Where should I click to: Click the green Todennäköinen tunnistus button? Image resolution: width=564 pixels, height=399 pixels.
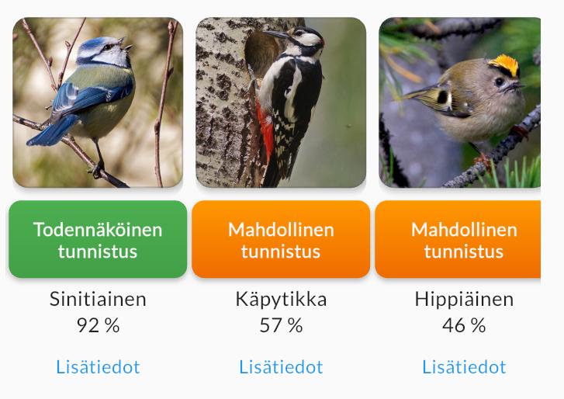[x=98, y=239]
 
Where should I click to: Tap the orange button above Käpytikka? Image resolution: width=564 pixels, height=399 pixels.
[x=281, y=239]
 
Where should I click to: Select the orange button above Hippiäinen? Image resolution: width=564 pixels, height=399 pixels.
[x=458, y=239]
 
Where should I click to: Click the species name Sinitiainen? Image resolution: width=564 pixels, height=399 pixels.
[x=98, y=299]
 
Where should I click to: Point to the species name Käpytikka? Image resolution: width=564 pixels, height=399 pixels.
[x=281, y=300]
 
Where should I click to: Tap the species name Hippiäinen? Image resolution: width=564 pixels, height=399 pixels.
[x=464, y=300]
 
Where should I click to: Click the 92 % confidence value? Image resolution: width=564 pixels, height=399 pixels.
[x=98, y=325]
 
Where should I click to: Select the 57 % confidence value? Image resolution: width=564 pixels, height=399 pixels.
[x=281, y=325]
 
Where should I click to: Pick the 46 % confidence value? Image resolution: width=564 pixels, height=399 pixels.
[x=464, y=325]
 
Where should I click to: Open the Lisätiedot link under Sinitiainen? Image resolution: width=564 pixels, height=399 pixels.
[x=98, y=367]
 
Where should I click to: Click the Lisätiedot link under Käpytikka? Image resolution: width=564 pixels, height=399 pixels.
[x=281, y=367]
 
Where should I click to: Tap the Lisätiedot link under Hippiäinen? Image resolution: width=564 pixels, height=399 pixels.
[x=464, y=367]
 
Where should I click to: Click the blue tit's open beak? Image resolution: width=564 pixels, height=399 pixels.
[x=128, y=47]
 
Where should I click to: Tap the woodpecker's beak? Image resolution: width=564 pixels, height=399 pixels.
[x=278, y=34]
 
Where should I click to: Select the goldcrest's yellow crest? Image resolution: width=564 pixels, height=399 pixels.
[x=504, y=64]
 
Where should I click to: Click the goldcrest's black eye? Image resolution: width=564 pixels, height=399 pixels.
[x=500, y=82]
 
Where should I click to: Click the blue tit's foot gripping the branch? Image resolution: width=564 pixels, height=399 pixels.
[x=97, y=169]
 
